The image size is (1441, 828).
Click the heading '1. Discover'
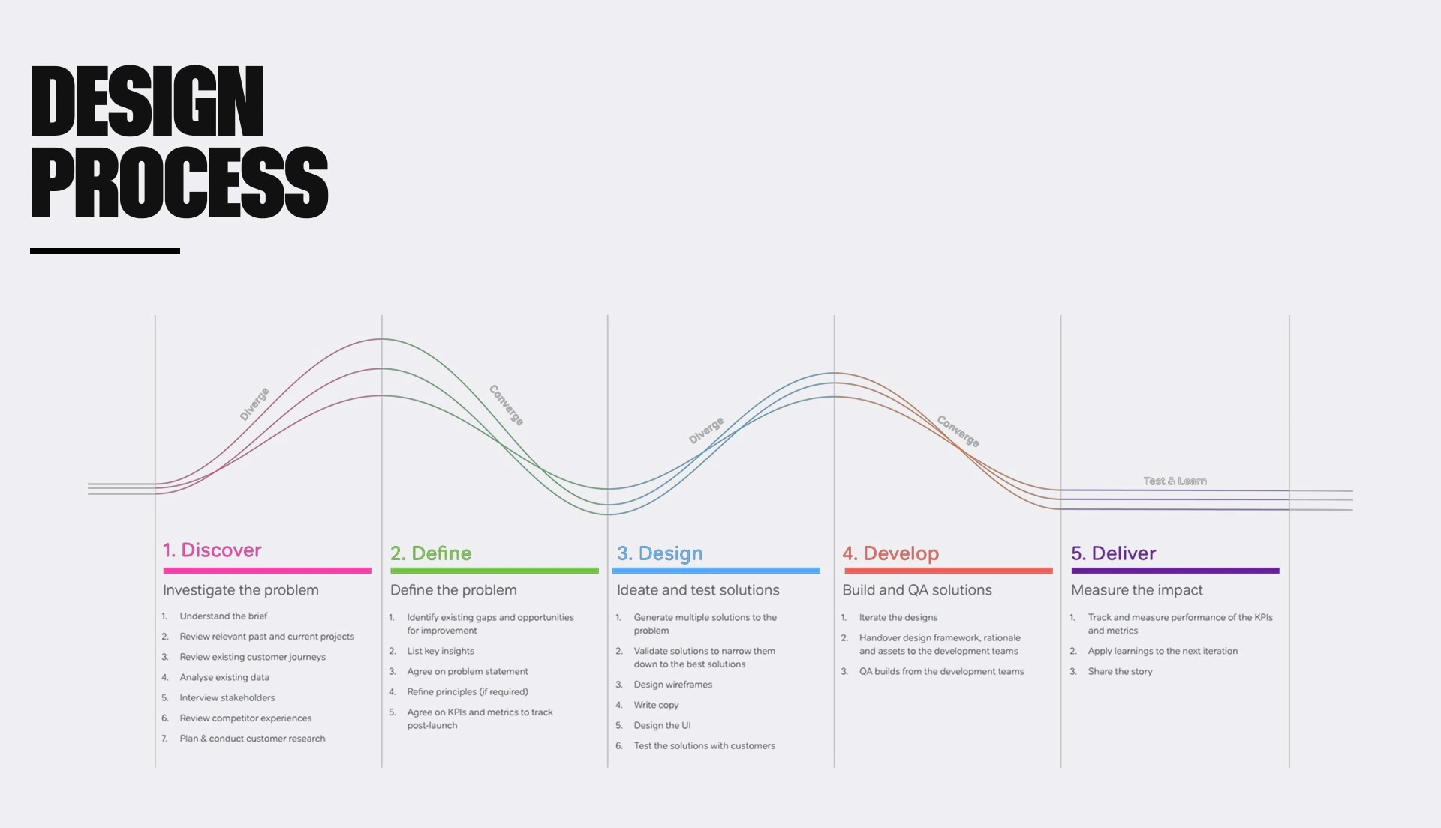point(212,550)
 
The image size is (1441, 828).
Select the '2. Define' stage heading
point(431,553)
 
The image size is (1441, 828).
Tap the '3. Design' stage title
point(660,554)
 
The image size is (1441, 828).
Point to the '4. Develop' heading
point(891,554)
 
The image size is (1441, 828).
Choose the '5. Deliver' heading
point(1114,553)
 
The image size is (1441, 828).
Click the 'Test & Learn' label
point(1175,481)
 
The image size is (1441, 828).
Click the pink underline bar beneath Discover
point(267,571)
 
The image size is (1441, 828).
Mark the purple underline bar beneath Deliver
point(1175,571)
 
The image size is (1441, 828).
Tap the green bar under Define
point(495,571)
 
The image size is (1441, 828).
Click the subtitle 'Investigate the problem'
point(241,590)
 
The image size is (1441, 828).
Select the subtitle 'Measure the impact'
point(1137,590)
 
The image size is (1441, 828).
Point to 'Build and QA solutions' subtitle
point(917,590)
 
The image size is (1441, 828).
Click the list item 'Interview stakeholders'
point(227,697)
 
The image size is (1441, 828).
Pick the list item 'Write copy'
point(656,705)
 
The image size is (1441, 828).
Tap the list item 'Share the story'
point(1120,671)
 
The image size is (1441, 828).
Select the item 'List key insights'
point(441,651)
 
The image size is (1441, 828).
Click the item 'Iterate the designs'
point(898,617)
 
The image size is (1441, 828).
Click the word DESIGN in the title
point(147,100)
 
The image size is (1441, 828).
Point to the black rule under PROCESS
point(105,250)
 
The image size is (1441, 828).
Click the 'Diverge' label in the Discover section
point(254,404)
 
